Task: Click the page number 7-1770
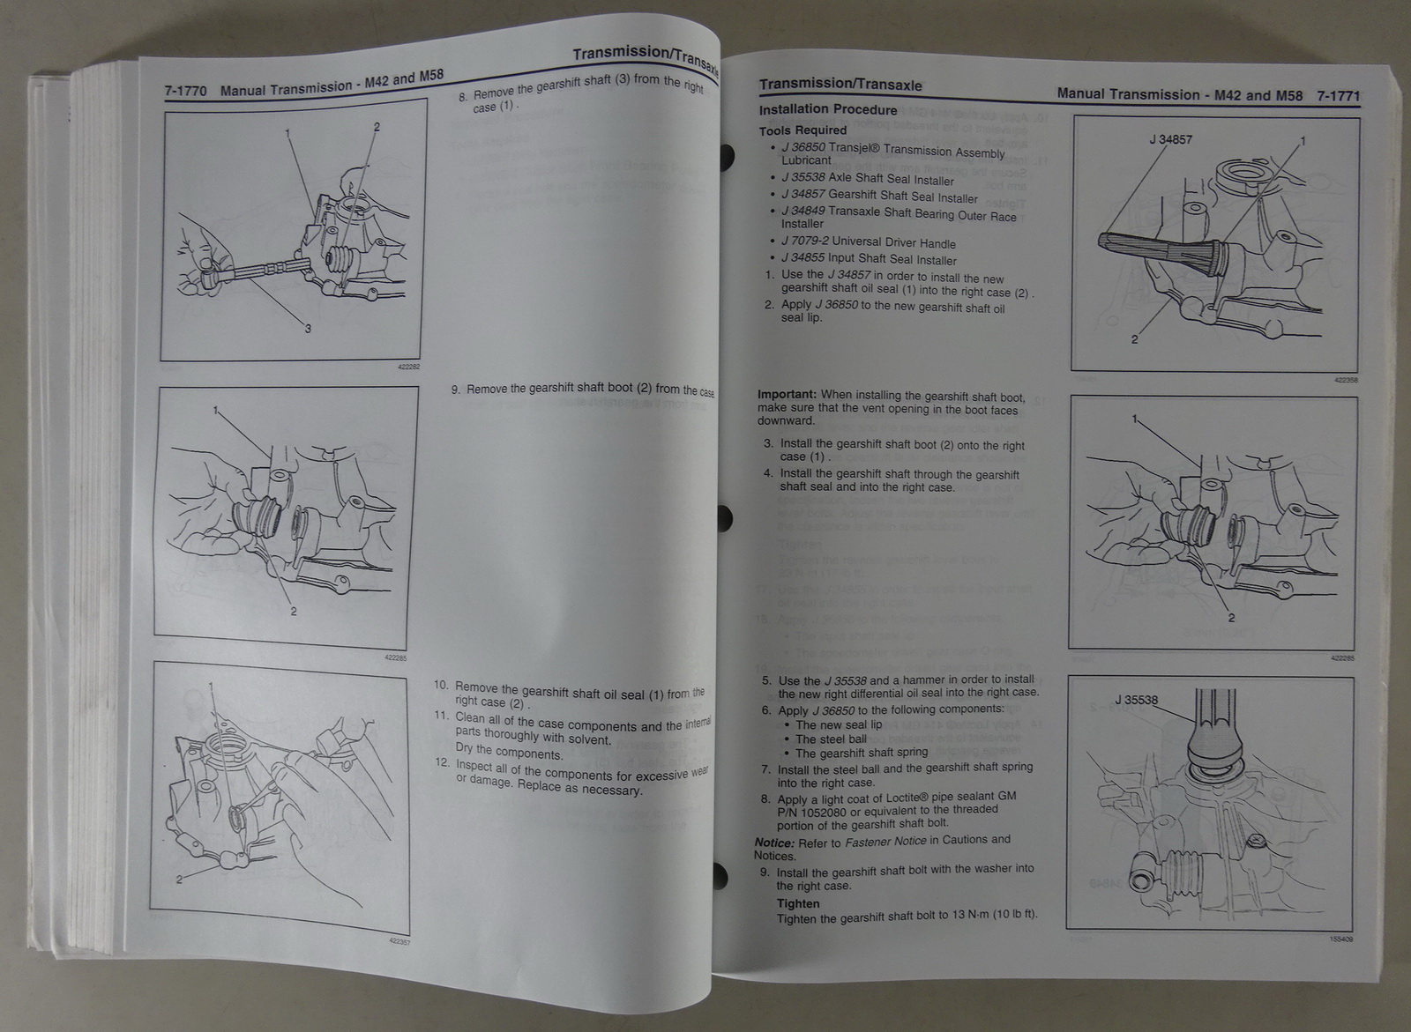pos(185,89)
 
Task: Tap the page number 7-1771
pos(1337,95)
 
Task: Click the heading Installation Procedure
pos(828,110)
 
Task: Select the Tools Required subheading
pos(803,130)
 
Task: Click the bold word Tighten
pos(797,903)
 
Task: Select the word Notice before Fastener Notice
pos(773,842)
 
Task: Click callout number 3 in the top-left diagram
pos(307,329)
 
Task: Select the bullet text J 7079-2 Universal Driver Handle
pos(868,242)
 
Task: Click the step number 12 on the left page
pos(443,761)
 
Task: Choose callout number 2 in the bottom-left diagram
pos(179,879)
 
